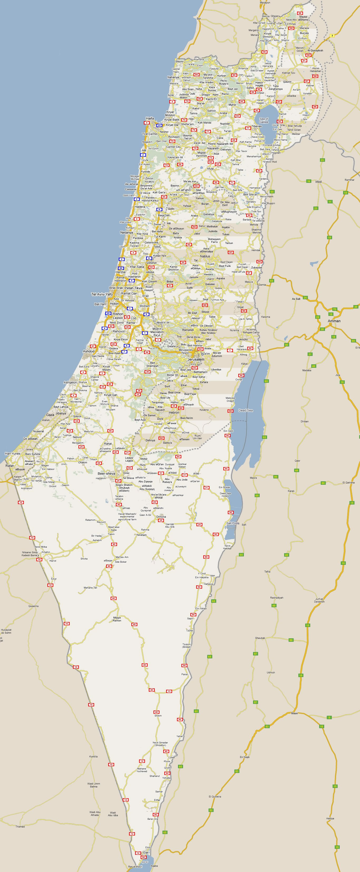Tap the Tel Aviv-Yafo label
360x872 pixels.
102,294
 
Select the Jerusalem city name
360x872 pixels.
196,359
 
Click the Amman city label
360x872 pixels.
334,321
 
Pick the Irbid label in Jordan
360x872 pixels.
318,182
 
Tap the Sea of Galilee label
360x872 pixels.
264,120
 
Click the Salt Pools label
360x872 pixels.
233,523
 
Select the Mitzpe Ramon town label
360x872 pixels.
117,619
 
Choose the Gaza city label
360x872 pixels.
50,415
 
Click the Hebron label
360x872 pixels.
174,413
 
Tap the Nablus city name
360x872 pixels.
205,256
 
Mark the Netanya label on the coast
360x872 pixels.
127,233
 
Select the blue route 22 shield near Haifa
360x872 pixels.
159,125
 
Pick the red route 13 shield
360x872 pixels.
169,691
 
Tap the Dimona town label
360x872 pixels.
161,517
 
